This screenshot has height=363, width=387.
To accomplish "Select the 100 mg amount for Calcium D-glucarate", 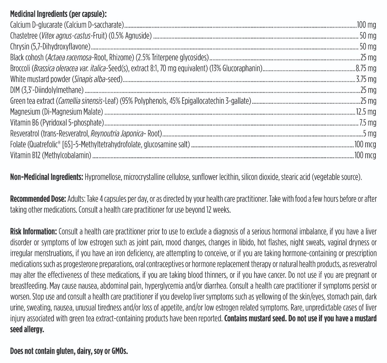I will point(366,25).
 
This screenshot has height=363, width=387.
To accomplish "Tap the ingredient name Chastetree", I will point(24,36).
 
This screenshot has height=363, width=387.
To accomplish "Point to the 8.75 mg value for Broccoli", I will point(366,68).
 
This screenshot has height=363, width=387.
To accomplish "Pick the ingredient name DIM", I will point(15,90).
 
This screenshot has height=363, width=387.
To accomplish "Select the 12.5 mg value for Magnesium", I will point(366,112).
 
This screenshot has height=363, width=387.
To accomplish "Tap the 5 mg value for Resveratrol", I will point(370,134).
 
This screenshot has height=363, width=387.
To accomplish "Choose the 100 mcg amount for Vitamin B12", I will point(365,155).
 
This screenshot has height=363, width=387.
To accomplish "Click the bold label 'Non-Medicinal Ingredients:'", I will point(47,177).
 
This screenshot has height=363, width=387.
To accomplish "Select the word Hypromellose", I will point(103,177).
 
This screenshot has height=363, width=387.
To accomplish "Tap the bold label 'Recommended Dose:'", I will point(38,199).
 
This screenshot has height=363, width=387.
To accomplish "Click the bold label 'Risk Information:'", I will point(34,232).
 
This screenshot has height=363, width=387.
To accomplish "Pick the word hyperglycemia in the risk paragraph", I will point(164,286).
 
